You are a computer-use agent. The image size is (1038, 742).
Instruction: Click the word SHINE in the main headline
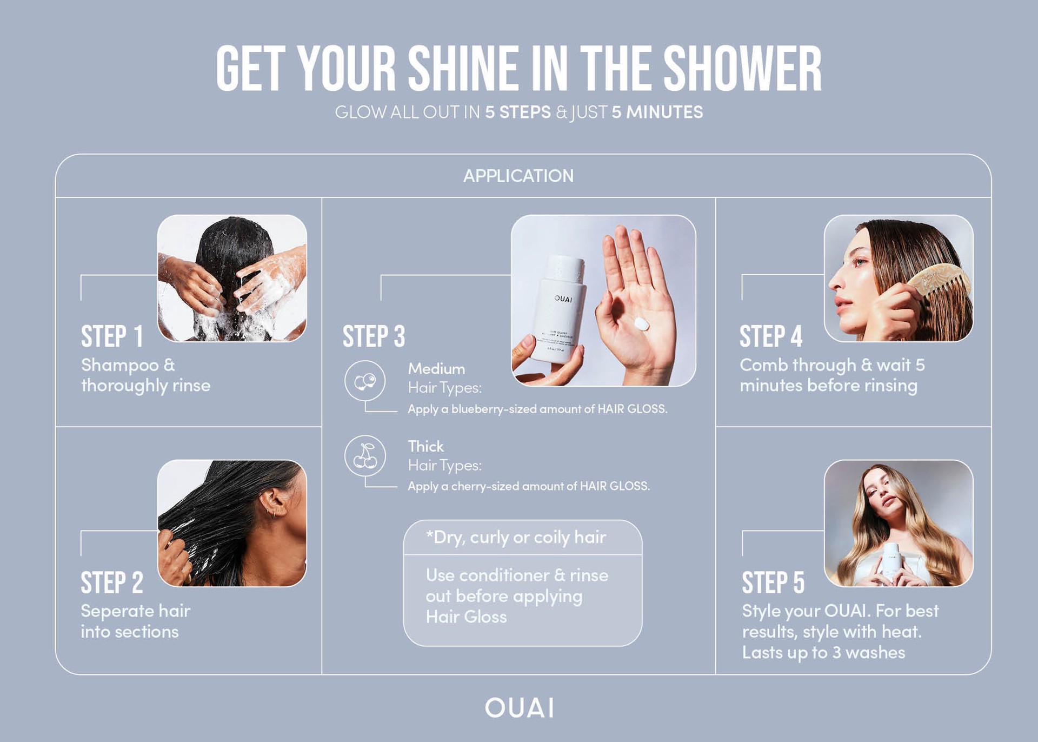(x=462, y=69)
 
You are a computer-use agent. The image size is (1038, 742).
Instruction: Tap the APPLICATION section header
(x=518, y=176)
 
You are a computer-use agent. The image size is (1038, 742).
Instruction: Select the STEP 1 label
(x=112, y=336)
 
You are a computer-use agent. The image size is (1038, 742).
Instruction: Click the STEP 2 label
(x=112, y=582)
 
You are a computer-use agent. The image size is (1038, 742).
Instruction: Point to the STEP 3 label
(x=374, y=336)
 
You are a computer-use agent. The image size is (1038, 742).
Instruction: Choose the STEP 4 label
(x=770, y=336)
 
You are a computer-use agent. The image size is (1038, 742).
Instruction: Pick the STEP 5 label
(x=773, y=582)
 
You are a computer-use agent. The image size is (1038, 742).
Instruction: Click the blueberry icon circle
(x=365, y=381)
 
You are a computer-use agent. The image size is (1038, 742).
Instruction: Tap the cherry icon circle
(x=365, y=456)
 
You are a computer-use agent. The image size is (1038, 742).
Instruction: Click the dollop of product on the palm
(x=641, y=324)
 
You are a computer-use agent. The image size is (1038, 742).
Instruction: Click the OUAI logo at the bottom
(x=519, y=708)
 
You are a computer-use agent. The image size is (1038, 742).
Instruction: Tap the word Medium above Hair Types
(x=436, y=369)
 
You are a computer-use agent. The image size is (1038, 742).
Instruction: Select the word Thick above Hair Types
(x=425, y=446)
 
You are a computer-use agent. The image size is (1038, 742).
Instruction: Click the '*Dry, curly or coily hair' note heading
(x=516, y=537)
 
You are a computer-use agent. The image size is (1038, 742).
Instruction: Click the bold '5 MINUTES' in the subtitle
(x=657, y=112)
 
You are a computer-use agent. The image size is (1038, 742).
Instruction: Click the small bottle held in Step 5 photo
(x=890, y=562)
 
